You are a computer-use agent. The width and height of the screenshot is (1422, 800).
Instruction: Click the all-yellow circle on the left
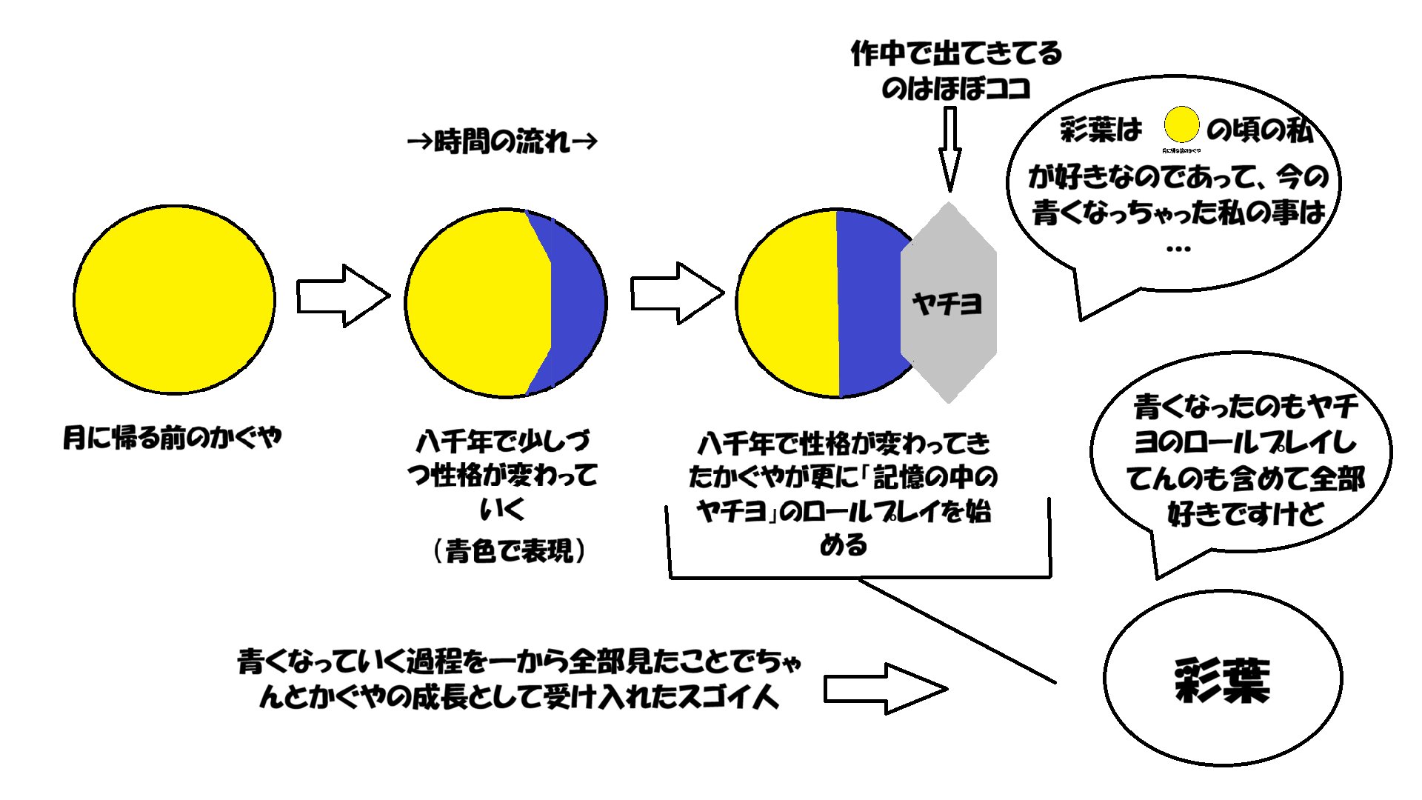click(174, 300)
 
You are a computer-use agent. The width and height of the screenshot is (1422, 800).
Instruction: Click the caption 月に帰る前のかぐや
click(172, 437)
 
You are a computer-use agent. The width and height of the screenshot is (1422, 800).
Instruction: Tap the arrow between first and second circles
click(342, 296)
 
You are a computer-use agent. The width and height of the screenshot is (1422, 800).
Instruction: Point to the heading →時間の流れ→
click(502, 141)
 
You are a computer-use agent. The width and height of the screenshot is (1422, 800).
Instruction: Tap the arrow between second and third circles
click(675, 293)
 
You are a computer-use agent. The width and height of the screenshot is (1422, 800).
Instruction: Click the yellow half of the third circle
click(789, 304)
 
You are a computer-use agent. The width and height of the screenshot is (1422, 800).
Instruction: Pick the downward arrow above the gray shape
click(949, 148)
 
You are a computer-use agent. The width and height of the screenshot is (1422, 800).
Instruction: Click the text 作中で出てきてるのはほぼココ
click(956, 71)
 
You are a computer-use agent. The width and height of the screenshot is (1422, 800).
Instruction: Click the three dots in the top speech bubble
click(1178, 249)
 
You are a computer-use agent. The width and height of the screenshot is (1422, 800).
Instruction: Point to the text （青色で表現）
click(510, 550)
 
